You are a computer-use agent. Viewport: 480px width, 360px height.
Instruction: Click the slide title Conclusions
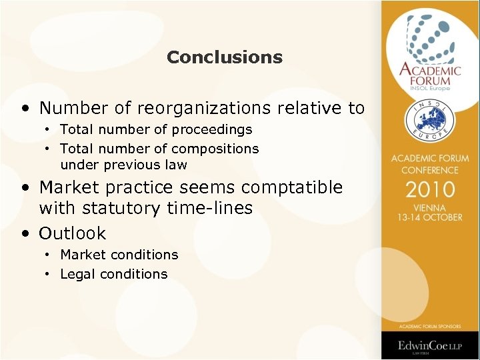[225, 57]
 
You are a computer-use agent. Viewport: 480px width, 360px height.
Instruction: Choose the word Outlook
[73, 233]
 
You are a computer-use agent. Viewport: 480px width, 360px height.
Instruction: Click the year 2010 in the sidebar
[430, 189]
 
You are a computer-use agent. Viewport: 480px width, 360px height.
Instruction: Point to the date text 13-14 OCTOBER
[430, 217]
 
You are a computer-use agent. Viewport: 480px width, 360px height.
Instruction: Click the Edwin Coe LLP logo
[430, 346]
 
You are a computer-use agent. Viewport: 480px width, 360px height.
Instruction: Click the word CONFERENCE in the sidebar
[430, 169]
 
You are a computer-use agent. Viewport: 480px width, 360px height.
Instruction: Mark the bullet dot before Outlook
[25, 233]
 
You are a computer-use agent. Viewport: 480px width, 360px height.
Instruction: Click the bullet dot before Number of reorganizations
[25, 107]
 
